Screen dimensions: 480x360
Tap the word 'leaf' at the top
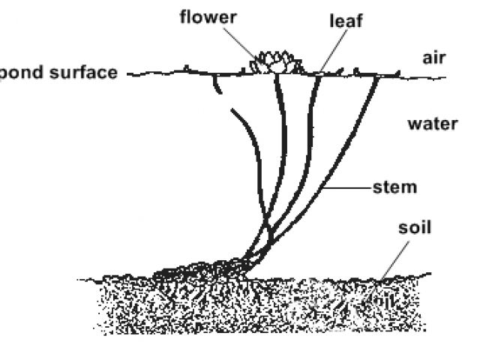[346, 21]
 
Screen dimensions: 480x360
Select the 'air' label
[434, 58]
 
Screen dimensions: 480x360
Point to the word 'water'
[432, 123]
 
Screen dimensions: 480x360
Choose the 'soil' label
[415, 226]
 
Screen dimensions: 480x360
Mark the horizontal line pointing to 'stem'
[349, 186]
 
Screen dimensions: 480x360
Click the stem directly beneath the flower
[284, 135]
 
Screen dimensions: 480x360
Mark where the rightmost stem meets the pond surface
[375, 74]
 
